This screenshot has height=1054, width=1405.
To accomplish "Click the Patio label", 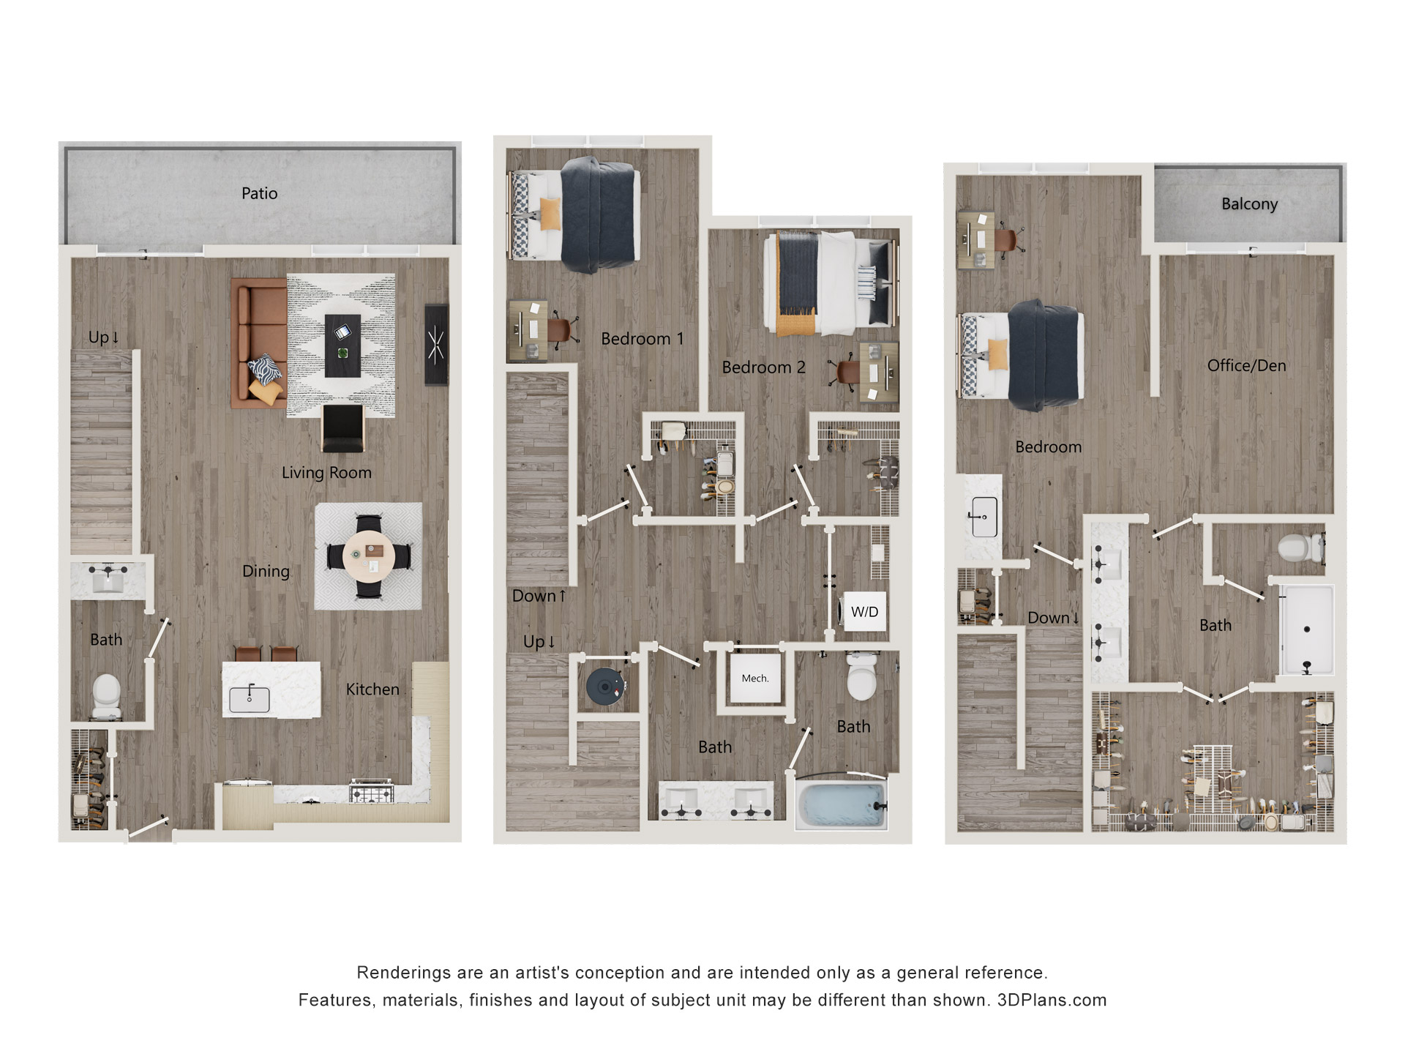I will [x=259, y=193].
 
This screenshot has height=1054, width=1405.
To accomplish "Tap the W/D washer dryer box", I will [x=864, y=612].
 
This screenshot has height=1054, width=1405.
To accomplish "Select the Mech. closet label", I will [x=754, y=679].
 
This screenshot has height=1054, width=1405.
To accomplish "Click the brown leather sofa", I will [x=257, y=342].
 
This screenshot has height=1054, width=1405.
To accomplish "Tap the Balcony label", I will [x=1249, y=203].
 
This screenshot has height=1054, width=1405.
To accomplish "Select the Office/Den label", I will [x=1246, y=365].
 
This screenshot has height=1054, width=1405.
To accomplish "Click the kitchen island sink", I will [x=250, y=699].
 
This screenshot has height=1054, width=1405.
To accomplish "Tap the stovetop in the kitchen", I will [x=371, y=792].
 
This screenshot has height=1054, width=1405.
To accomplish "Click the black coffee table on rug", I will [x=342, y=345].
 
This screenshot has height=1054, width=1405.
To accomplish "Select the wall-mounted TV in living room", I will [x=436, y=344].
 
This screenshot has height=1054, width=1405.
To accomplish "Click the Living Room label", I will [x=326, y=473].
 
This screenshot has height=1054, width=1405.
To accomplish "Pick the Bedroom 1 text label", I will [x=642, y=339].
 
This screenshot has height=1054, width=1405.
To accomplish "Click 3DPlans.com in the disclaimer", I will [x=1052, y=1000].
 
